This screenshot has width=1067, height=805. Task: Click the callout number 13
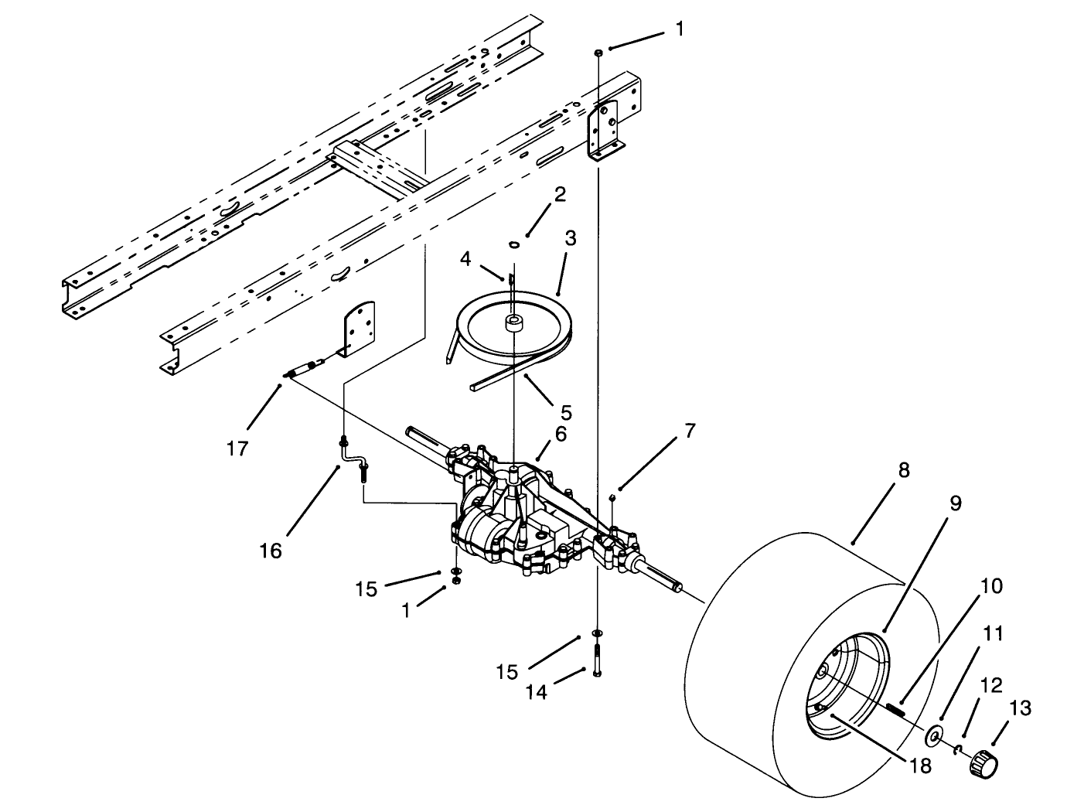point(1020,709)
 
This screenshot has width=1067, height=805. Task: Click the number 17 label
point(237,447)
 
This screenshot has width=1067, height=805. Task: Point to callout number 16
point(271,551)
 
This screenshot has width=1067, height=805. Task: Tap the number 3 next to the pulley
point(570,238)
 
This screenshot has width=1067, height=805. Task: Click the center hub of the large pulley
point(513,322)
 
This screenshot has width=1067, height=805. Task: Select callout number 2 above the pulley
point(559,193)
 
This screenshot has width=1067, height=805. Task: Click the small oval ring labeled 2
point(513,245)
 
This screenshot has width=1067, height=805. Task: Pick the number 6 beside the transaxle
point(561,435)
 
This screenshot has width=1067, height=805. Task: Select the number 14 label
point(536,691)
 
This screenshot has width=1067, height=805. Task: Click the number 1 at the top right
point(679,29)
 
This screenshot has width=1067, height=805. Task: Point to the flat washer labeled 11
point(936,732)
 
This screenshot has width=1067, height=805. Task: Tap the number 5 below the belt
point(566,412)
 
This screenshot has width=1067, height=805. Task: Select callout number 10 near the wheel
point(990,586)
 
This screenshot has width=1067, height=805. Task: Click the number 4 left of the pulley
point(465,258)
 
